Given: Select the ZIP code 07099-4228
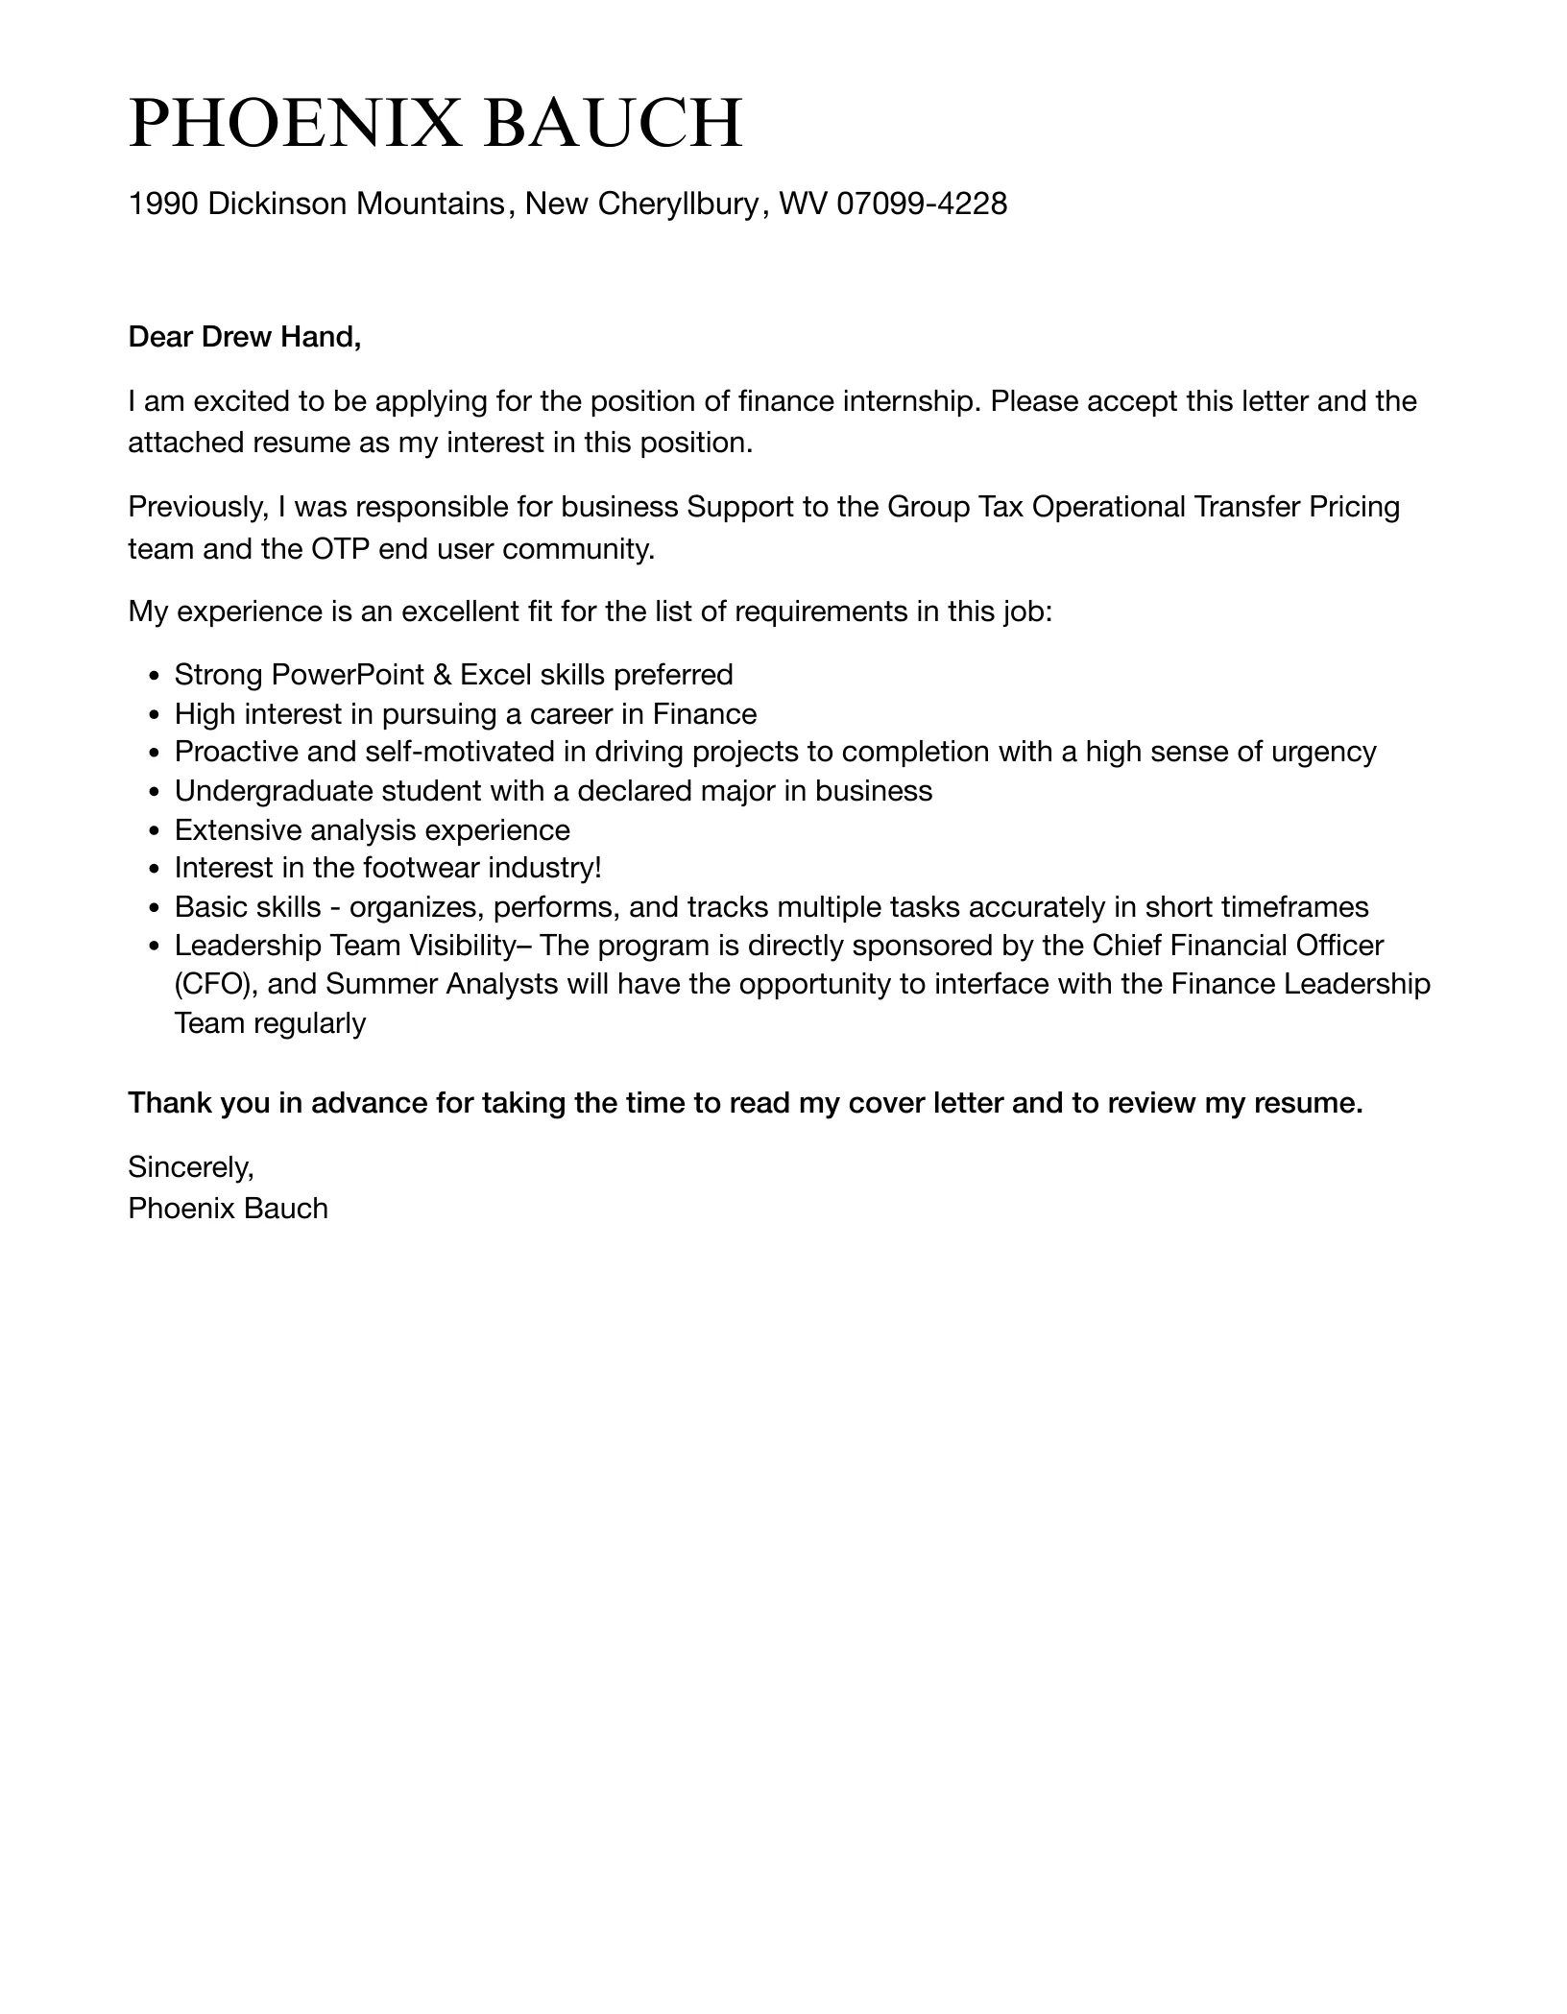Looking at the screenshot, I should pyautogui.click(x=922, y=204).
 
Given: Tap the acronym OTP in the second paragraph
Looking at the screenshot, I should pyautogui.click(x=341, y=549).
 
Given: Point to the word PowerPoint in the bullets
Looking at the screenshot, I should pyautogui.click(x=348, y=675).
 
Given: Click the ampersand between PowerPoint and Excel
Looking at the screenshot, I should pyautogui.click(x=442, y=675).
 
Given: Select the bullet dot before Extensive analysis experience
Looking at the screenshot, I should pyautogui.click(x=156, y=831).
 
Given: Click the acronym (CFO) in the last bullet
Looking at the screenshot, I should pyautogui.click(x=213, y=984).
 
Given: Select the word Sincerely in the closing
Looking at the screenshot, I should pyautogui.click(x=190, y=1167).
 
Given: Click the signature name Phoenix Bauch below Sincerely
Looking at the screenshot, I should pyautogui.click(x=228, y=1208).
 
